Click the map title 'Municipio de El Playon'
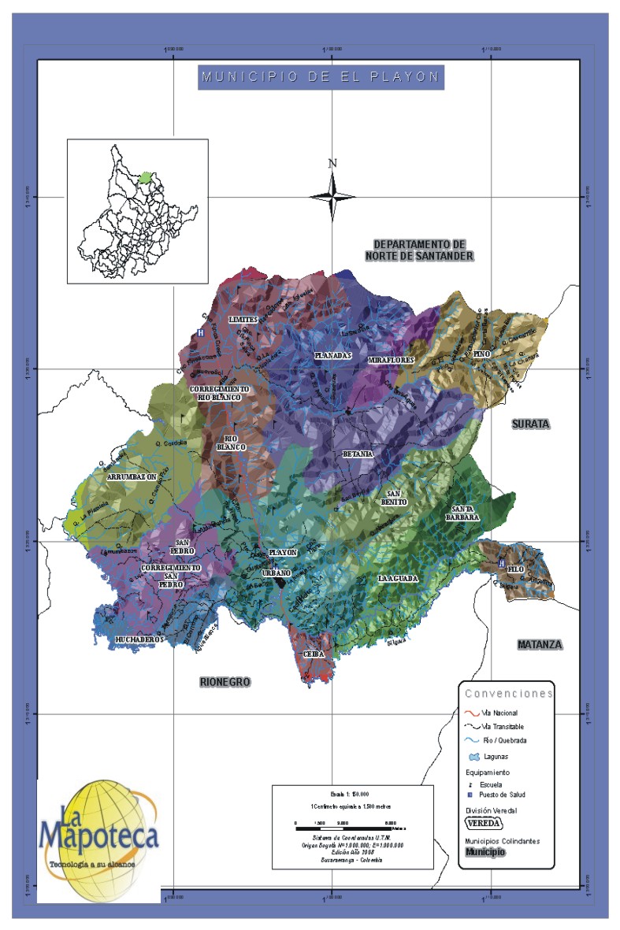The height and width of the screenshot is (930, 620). [321, 77]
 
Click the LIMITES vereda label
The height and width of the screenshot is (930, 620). [243, 320]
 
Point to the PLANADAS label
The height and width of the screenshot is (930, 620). [332, 356]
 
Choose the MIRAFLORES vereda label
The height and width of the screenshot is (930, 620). [392, 360]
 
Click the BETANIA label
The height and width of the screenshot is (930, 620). [358, 455]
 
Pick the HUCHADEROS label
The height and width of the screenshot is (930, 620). [139, 639]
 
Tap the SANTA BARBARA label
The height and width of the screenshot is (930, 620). [466, 513]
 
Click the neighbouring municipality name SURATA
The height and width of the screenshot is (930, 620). [530, 424]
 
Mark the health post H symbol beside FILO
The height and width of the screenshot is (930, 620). [502, 564]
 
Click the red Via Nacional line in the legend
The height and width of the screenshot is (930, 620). [471, 712]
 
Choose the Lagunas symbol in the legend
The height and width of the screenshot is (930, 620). [475, 757]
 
